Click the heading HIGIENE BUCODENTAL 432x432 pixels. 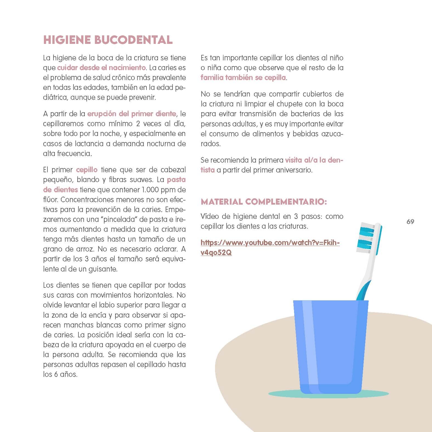[x=108, y=40]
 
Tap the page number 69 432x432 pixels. [x=410, y=222]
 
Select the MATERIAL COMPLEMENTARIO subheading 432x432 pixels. [x=264, y=202]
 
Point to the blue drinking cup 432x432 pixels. [x=331, y=346]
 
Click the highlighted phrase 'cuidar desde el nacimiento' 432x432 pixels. [x=101, y=68]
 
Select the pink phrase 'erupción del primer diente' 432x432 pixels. [x=132, y=114]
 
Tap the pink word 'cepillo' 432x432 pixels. [x=87, y=170]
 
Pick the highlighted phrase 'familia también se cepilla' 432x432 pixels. [x=243, y=78]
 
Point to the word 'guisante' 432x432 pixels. [x=103, y=269]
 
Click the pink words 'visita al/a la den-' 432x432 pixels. [x=314, y=160]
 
